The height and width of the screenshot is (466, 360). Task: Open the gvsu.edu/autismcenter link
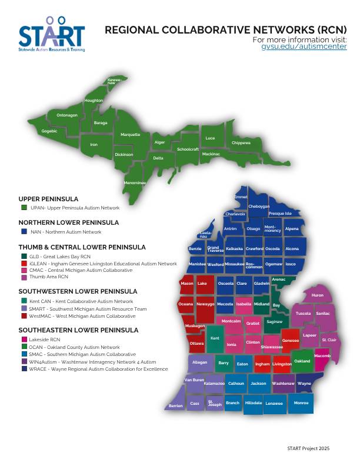304,46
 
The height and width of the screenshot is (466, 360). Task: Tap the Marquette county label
130,135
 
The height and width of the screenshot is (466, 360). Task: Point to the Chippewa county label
241,142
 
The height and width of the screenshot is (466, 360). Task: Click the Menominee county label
134,183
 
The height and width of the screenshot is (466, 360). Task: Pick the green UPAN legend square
24,208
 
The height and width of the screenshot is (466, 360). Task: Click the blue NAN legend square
24,232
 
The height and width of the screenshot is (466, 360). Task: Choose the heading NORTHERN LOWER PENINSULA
68,222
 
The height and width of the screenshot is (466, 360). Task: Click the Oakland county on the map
302,361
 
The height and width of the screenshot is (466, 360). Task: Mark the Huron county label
317,295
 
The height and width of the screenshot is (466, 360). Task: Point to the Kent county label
215,338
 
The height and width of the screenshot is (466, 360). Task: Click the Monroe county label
301,403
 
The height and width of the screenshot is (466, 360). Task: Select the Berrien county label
175,406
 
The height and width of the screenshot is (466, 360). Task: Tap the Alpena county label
292,229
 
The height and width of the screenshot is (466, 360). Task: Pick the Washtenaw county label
283,383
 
